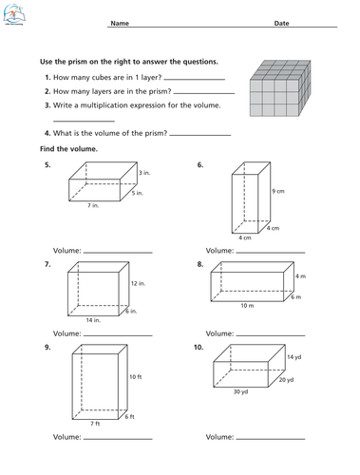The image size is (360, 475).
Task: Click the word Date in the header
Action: (x=282, y=23)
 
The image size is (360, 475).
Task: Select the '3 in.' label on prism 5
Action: (x=143, y=174)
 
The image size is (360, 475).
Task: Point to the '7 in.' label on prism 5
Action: (x=93, y=205)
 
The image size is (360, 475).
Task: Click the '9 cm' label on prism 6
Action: (x=278, y=191)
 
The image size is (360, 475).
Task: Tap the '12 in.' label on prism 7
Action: (x=138, y=283)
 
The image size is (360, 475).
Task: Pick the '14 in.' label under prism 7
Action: (x=91, y=321)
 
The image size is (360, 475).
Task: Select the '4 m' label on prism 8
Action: (x=299, y=276)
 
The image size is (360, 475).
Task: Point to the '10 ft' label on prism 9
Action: (x=135, y=377)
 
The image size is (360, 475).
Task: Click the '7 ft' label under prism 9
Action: (x=94, y=423)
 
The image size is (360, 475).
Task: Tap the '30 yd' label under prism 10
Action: (x=239, y=391)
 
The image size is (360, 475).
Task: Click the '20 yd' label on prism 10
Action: (x=287, y=380)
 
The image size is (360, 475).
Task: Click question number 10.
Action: (x=199, y=348)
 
